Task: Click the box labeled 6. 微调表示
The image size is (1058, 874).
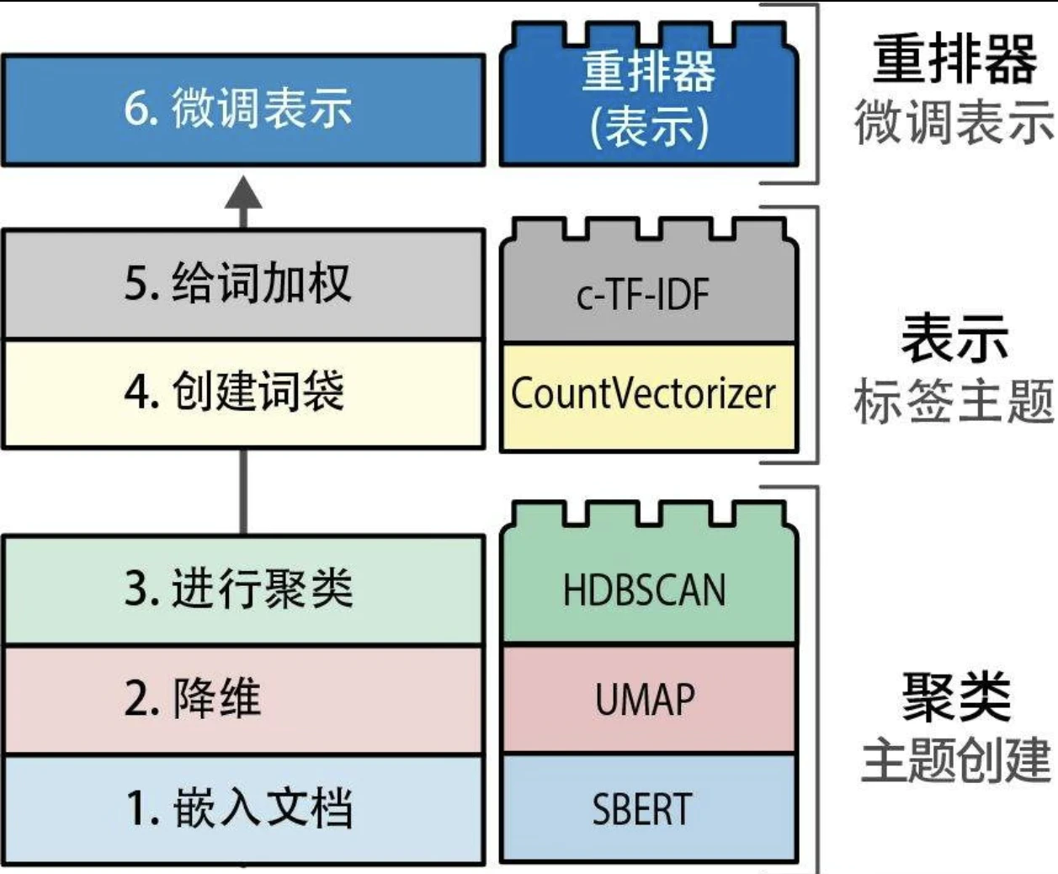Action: pos(243,110)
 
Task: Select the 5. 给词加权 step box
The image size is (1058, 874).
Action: pos(243,284)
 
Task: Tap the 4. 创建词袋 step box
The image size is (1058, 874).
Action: pos(243,393)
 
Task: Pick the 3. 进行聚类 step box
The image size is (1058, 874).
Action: pos(243,589)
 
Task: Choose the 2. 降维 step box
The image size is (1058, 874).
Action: pos(243,699)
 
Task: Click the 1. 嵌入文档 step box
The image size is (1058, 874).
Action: pos(243,809)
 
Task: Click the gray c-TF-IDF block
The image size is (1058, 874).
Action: pos(648,290)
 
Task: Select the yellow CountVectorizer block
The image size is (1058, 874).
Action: pos(648,396)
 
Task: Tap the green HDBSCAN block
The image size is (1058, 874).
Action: pos(648,585)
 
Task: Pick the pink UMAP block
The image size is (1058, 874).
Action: pos(648,699)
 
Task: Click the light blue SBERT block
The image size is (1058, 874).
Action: pos(648,809)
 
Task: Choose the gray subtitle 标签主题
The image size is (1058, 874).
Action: pos(954,401)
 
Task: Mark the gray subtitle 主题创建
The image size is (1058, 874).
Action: pos(955,760)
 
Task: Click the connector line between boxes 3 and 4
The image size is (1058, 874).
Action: pos(244,492)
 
